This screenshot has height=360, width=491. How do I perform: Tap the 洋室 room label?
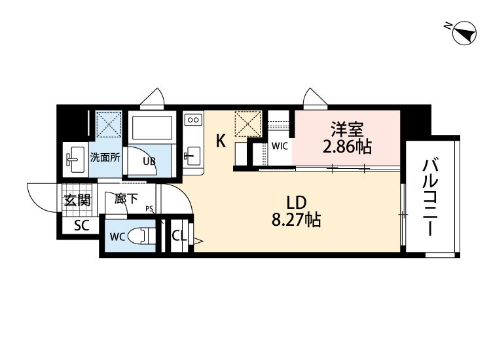pos(347,129)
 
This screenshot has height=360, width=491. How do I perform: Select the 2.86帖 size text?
pos(347,146)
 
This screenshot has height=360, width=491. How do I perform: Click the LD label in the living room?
pos(296,202)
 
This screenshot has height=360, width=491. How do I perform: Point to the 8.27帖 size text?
pos(296,219)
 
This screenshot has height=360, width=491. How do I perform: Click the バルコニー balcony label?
pos(431,197)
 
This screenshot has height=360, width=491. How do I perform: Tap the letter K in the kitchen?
pos(221,141)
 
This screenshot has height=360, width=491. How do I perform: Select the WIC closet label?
pos(280,146)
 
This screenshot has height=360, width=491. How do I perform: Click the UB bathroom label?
pos(149,161)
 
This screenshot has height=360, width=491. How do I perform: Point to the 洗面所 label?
pos(105,157)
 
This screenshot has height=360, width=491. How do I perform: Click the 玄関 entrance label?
pos(77,200)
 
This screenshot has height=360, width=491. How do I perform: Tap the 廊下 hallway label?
pos(126,198)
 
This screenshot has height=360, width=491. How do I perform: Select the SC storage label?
pos(82,225)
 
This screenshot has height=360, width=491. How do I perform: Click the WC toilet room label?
pos(118,237)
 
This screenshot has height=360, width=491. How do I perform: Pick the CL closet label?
pos(179,236)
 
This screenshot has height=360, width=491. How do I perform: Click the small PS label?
pos(149,208)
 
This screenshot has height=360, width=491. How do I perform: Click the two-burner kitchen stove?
pos(193,120)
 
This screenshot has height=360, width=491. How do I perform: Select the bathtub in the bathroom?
pos(152,128)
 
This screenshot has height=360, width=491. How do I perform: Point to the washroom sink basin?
pos(74,159)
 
